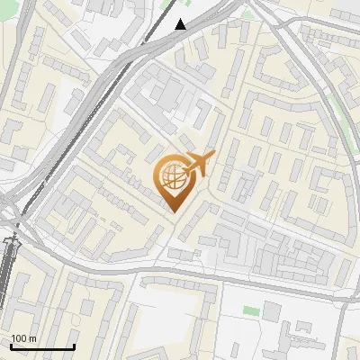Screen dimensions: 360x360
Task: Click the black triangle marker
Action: tap(181, 24)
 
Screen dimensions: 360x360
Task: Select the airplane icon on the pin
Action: tap(196, 165)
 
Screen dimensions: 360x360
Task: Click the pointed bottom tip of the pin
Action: tap(173, 211)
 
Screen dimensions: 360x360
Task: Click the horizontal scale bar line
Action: tap(42, 346)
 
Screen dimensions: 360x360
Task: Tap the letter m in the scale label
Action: tap(32, 339)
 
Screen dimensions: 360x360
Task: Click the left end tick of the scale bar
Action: tap(10, 345)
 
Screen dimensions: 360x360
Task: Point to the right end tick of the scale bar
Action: tap(75, 345)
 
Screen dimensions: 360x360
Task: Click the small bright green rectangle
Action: tap(251, 310)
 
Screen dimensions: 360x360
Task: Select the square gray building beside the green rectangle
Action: tap(272, 310)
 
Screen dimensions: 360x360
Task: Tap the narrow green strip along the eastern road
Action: tap(340, 112)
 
